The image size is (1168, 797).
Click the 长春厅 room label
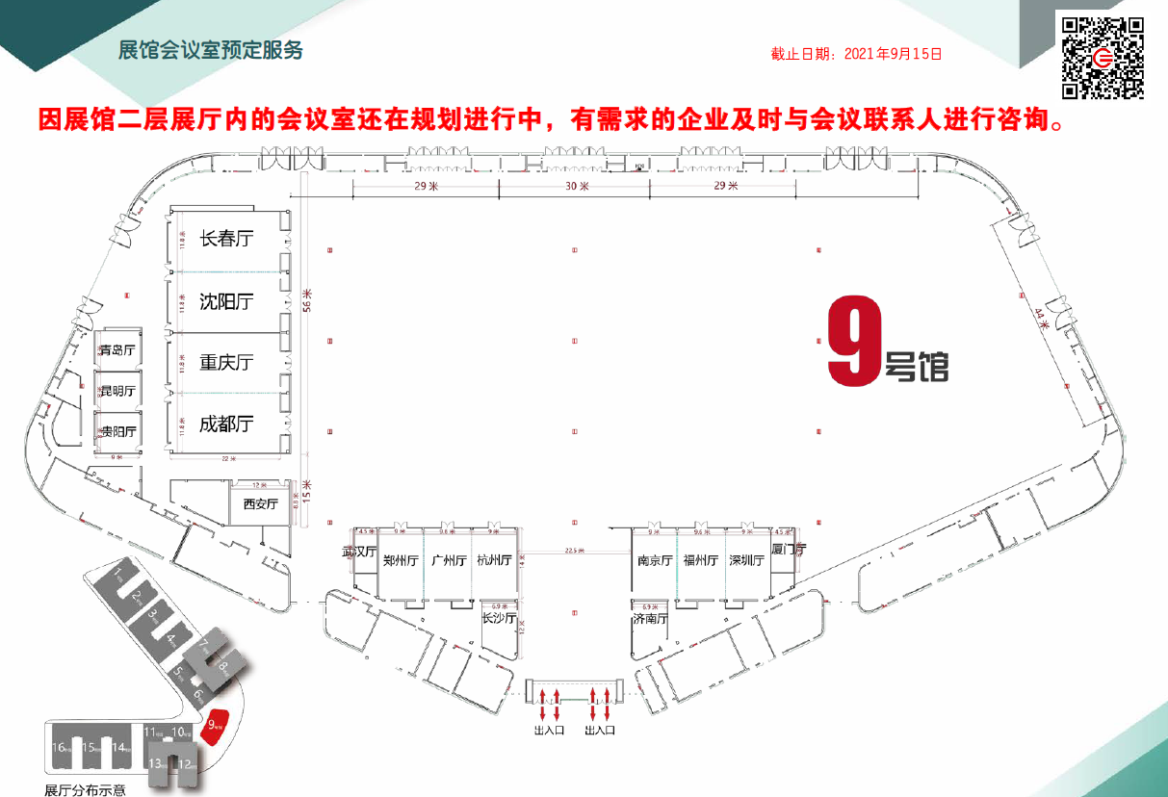(226, 239)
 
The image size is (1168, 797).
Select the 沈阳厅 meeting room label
(226, 301)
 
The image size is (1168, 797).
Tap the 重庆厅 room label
(226, 362)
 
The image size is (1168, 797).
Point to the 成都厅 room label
(226, 424)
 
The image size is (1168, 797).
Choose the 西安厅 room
(260, 503)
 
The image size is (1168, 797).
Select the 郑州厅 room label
(400, 560)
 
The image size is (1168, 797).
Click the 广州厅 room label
(449, 560)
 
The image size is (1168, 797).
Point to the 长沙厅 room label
(499, 618)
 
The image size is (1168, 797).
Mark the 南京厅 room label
(654, 560)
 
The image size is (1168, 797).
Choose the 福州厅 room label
(700, 560)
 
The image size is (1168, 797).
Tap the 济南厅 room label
(650, 619)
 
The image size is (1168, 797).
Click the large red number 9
(854, 342)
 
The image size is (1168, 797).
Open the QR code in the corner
(1103, 58)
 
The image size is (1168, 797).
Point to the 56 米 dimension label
(307, 299)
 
